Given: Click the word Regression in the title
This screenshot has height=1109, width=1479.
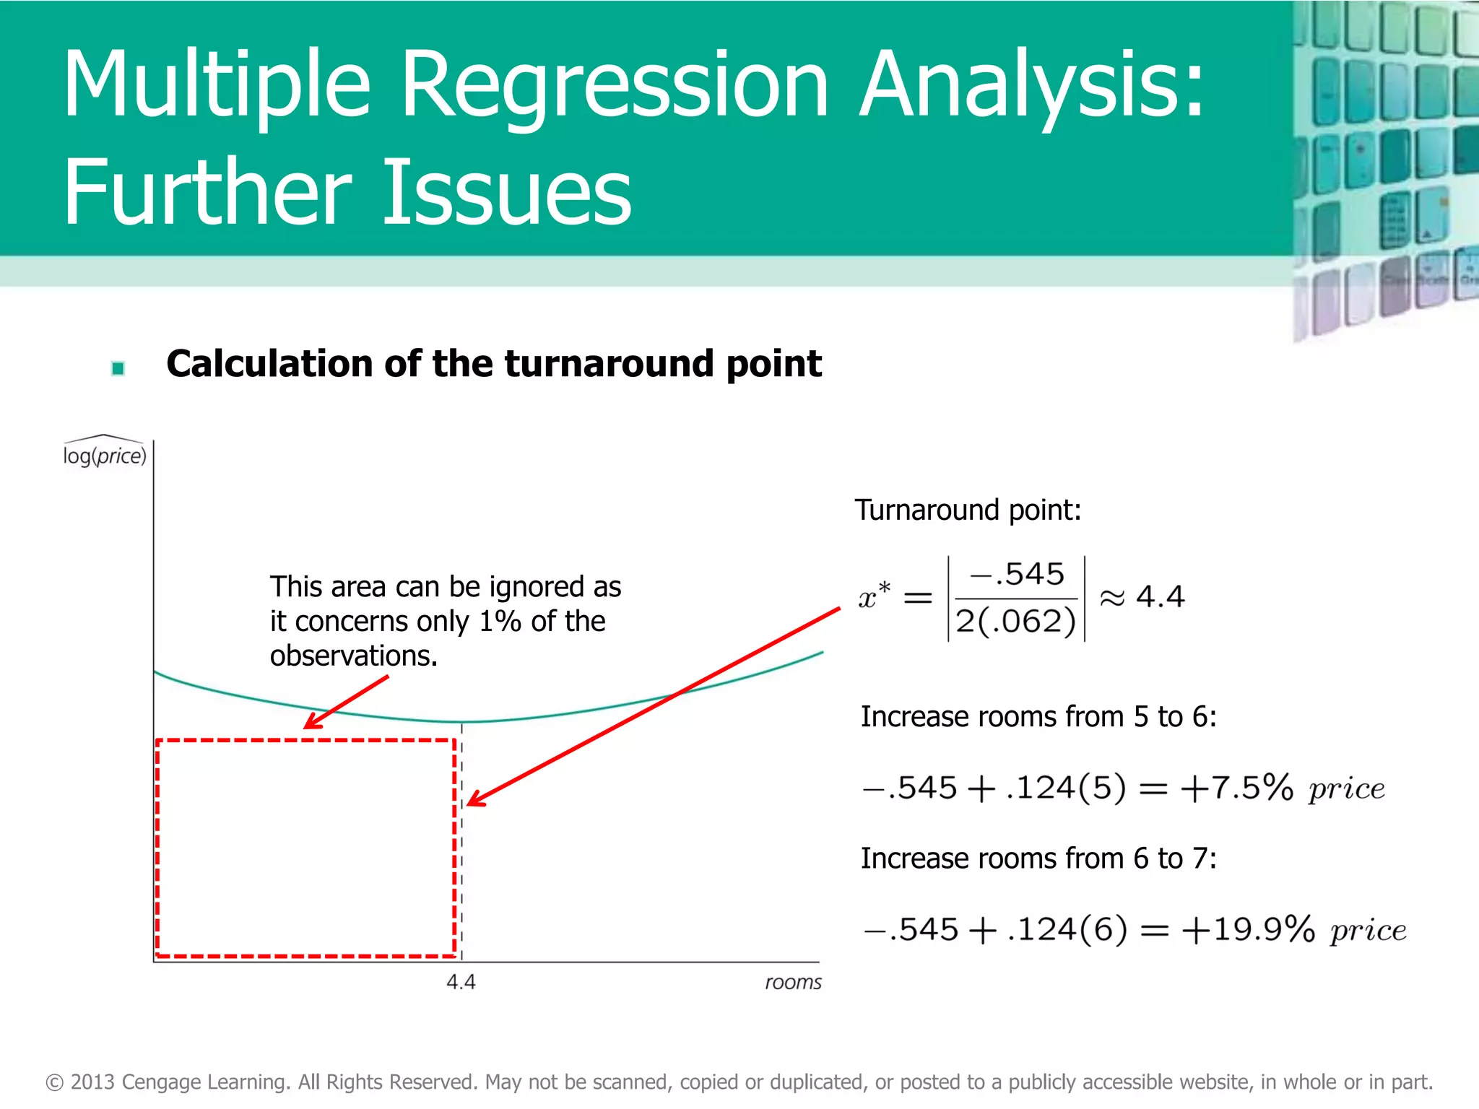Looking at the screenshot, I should click(614, 85).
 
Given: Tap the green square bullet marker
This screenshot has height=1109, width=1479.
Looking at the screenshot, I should click(118, 369).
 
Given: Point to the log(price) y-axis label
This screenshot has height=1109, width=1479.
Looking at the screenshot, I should click(105, 456).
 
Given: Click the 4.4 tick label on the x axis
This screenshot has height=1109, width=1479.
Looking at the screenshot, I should click(461, 982).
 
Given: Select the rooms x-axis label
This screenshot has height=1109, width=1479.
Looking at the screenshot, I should click(793, 982).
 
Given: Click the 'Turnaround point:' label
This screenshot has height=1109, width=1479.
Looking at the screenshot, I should click(968, 510).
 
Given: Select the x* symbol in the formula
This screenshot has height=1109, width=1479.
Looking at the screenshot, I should click(873, 596).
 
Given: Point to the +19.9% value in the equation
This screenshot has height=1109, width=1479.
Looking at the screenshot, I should click(1248, 929).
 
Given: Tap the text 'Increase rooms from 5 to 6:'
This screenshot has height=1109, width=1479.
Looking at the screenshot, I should click(1038, 717).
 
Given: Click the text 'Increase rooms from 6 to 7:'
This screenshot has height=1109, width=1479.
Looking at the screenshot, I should click(1038, 858).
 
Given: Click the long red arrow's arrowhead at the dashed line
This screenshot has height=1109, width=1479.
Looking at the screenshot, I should click(473, 801).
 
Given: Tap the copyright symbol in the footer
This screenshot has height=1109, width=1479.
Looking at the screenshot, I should click(55, 1082).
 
